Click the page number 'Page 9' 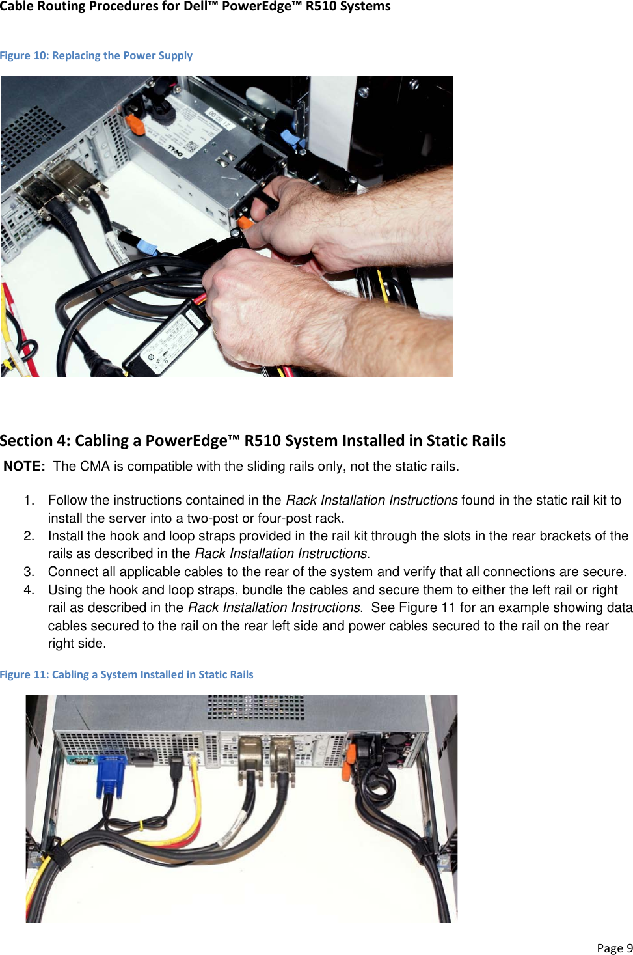click(614, 948)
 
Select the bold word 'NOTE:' click(24, 466)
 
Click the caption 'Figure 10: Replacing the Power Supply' click(96, 55)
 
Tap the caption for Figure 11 click(127, 674)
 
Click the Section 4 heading click(253, 441)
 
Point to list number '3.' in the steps click(29, 572)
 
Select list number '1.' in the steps click(29, 500)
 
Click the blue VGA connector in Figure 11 click(111, 775)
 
